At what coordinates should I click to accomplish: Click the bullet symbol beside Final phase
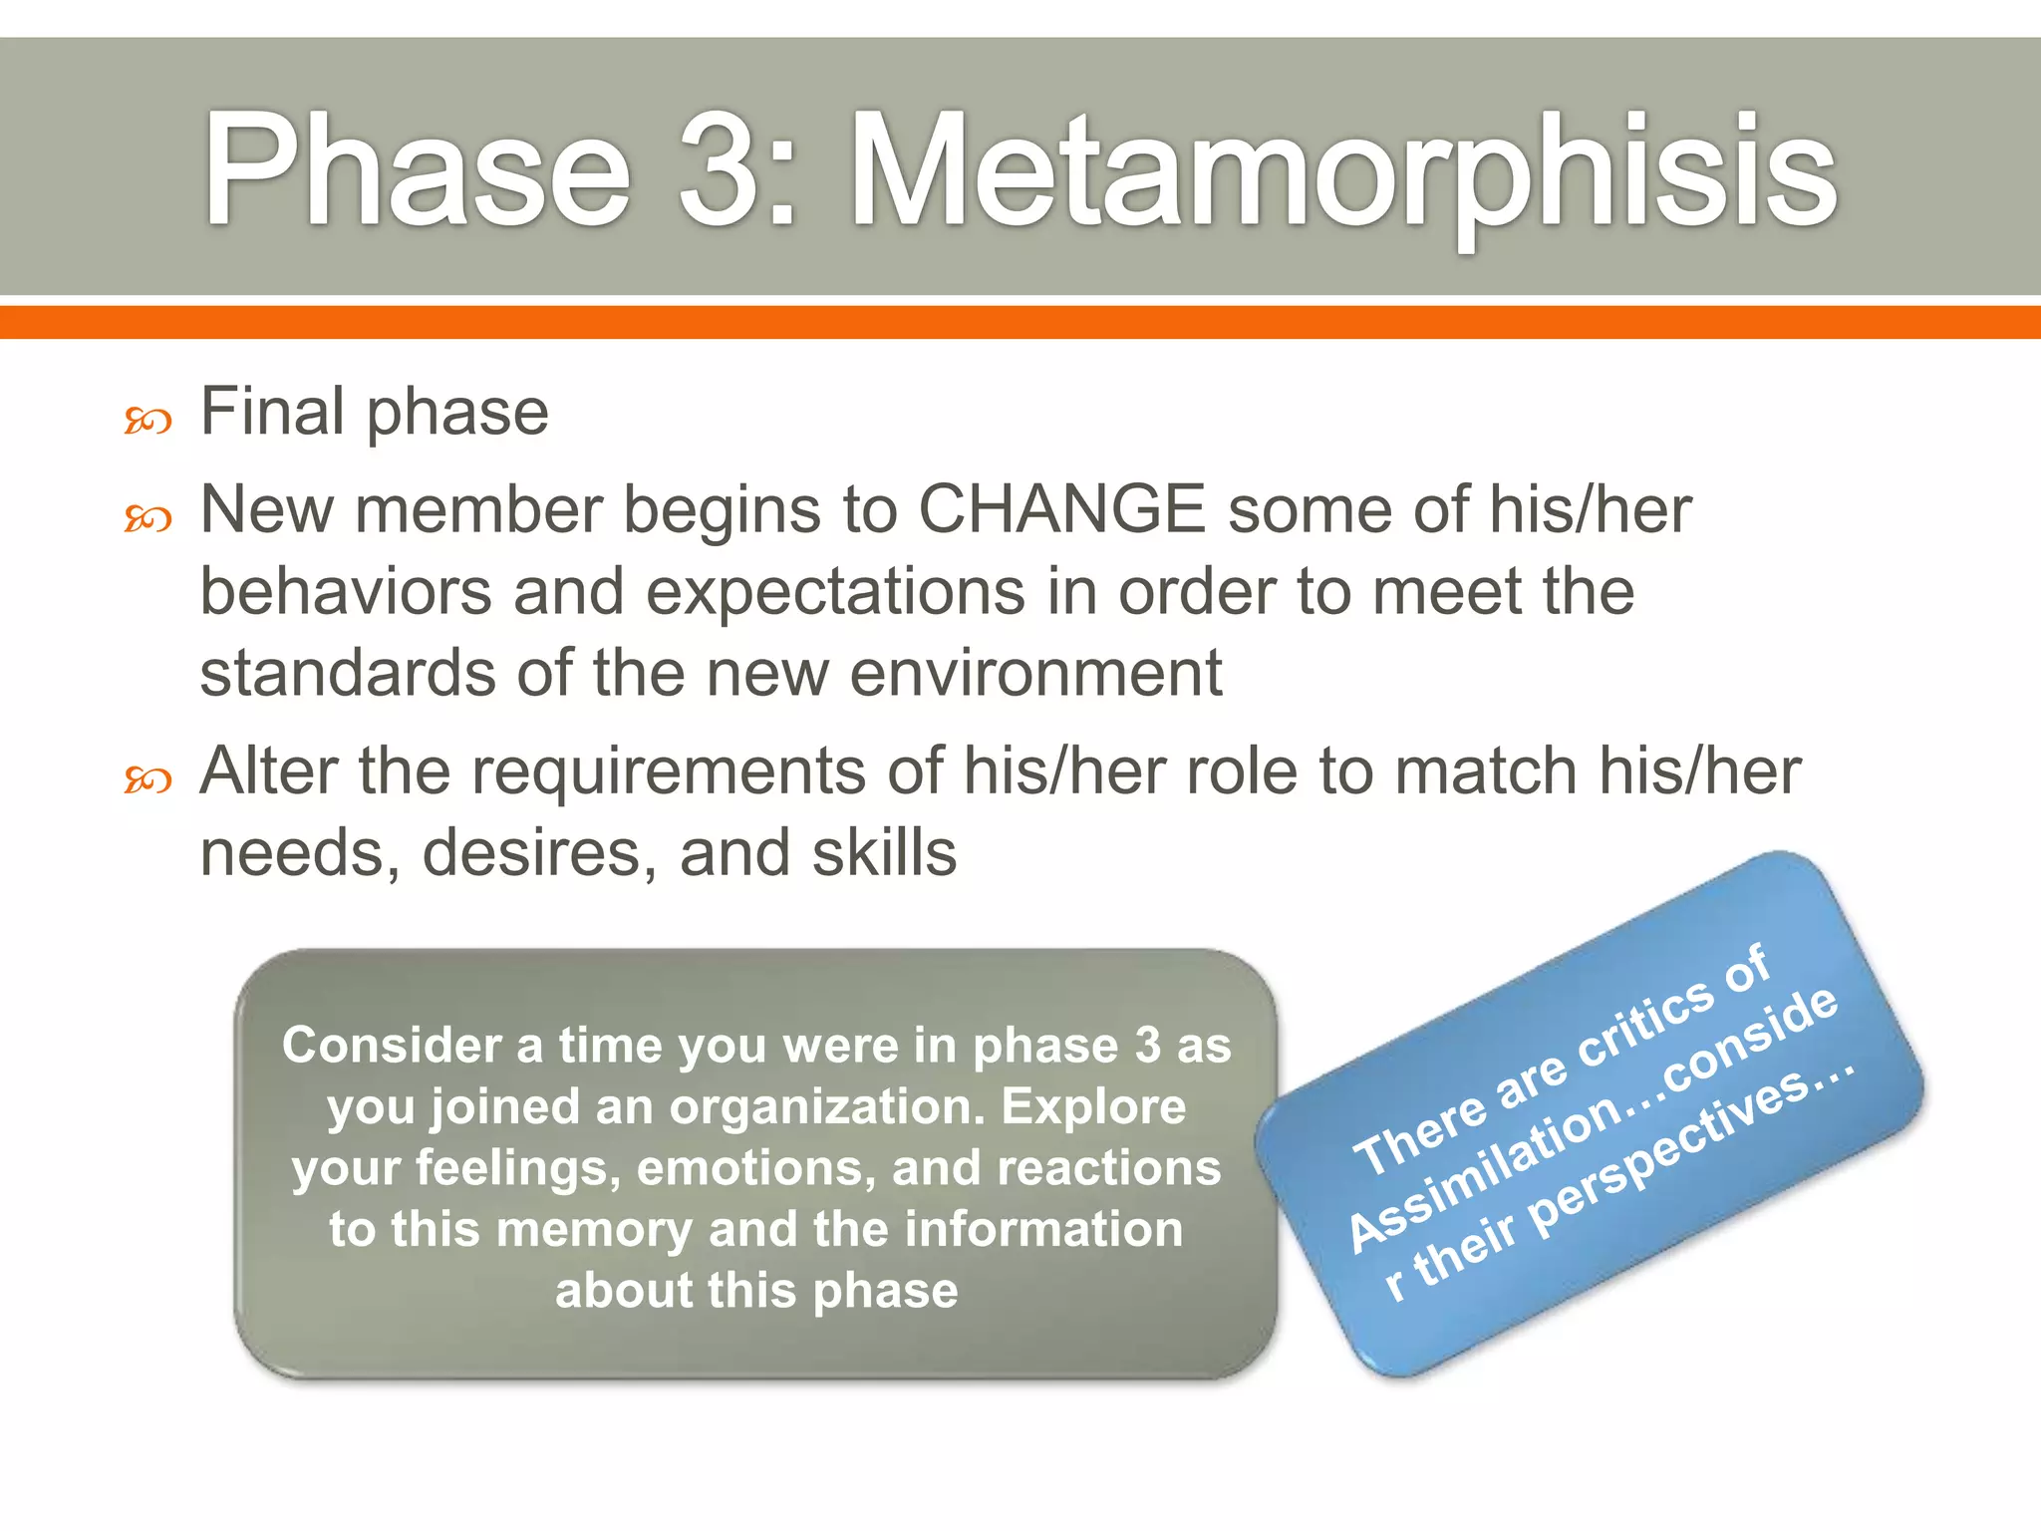pos(147,422)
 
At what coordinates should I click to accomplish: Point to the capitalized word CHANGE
pos(1061,509)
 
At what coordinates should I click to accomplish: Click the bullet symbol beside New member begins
pos(147,518)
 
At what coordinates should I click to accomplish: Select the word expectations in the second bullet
pos(835,592)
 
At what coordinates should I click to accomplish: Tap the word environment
pos(1035,674)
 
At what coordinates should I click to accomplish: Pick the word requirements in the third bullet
pos(668,772)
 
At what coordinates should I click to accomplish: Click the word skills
pos(884,854)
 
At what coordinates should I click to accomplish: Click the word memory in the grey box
pos(594,1229)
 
